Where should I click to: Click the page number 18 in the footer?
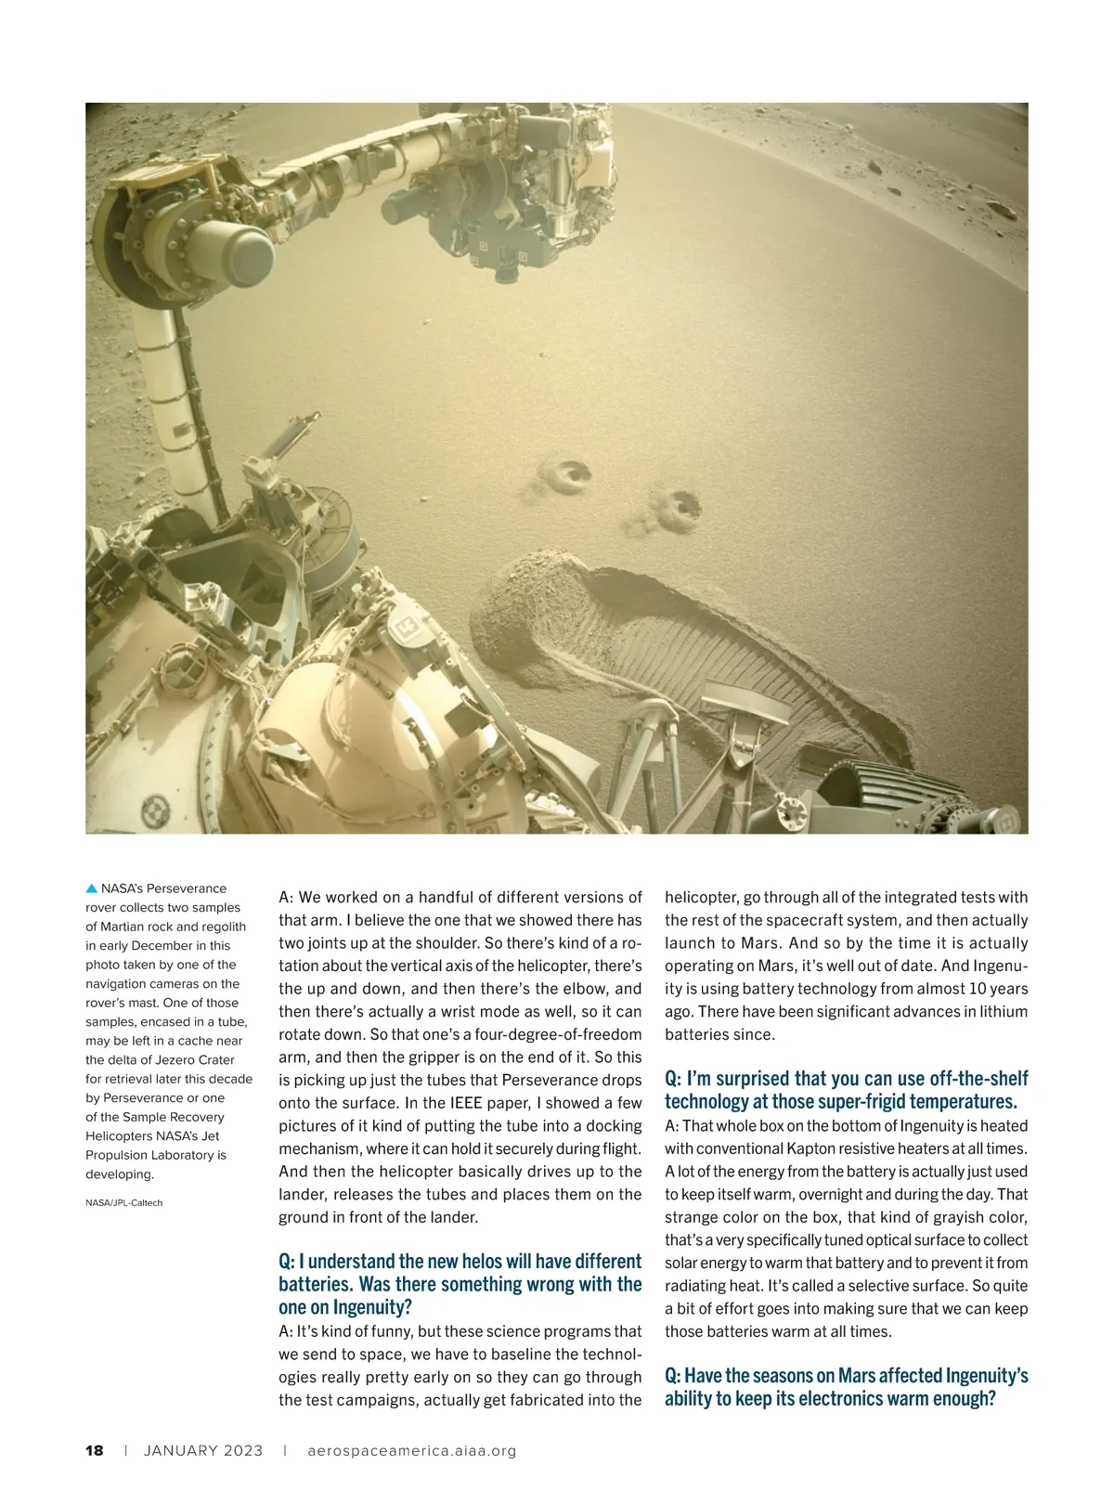[94, 1450]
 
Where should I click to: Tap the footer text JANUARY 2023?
[203, 1450]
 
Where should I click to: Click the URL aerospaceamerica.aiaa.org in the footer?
[411, 1450]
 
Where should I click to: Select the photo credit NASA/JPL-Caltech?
[123, 1202]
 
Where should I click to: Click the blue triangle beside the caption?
[91, 888]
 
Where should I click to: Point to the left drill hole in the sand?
[569, 476]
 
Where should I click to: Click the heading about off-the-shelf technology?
[846, 1090]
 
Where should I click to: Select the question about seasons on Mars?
[846, 1386]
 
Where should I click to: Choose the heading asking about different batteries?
[460, 1284]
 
